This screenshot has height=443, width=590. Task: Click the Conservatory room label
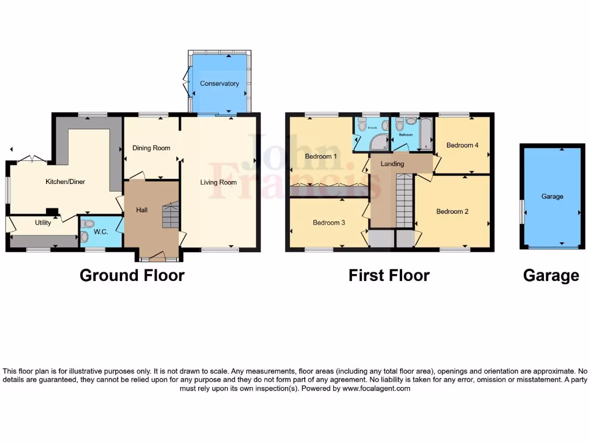pos(219,84)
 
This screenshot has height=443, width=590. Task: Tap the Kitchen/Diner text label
pos(65,182)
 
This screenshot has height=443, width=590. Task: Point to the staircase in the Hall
pos(170,215)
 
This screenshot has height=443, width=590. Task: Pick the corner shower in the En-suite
pos(363,142)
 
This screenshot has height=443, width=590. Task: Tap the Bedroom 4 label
pos(462,145)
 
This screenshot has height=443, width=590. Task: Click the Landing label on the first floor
pos(392,164)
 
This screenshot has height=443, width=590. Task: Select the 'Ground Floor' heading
pos(132,275)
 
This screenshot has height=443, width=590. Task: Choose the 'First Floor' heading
pos(389,275)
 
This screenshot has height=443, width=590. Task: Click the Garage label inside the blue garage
pos(552,197)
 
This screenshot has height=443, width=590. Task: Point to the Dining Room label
pos(152,148)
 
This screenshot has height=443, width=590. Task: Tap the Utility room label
pos(43,223)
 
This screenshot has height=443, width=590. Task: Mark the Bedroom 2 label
pos(452,212)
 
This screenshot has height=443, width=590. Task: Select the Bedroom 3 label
pos(329,223)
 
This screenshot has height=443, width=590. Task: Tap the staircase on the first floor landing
pos(404,202)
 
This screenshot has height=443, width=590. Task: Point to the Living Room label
pos(218,182)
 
